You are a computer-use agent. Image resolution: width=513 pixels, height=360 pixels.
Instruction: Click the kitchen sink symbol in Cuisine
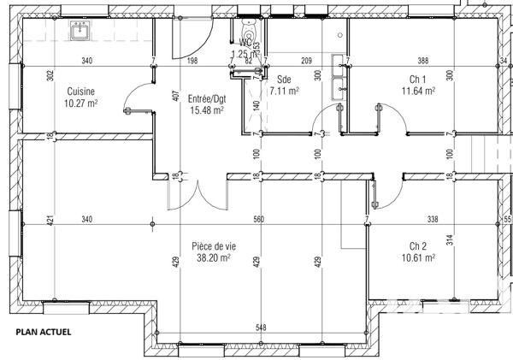pyautogui.click(x=81, y=31)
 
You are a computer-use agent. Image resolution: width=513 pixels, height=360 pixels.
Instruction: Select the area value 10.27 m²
pyautogui.click(x=80, y=103)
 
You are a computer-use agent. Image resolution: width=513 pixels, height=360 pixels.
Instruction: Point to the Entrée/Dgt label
pyautogui.click(x=205, y=98)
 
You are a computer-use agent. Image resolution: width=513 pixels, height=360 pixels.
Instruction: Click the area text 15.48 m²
pyautogui.click(x=206, y=110)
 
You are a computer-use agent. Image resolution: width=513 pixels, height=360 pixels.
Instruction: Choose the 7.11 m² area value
pyautogui.click(x=283, y=90)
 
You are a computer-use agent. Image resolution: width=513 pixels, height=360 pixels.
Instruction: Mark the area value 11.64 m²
pyautogui.click(x=419, y=90)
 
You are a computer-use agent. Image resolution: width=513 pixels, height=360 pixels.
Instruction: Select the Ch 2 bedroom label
pyautogui.click(x=418, y=245)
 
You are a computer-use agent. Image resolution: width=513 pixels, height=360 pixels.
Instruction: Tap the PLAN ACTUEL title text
pyautogui.click(x=43, y=331)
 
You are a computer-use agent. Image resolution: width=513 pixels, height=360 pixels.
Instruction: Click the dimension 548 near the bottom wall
pyautogui.click(x=261, y=328)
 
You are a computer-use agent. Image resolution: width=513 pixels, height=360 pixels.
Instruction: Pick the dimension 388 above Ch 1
pyautogui.click(x=422, y=61)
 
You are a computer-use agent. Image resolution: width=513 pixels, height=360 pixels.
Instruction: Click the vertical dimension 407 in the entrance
pyautogui.click(x=175, y=96)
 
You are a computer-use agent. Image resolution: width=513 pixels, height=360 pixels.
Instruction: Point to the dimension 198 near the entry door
pyautogui.click(x=192, y=61)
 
